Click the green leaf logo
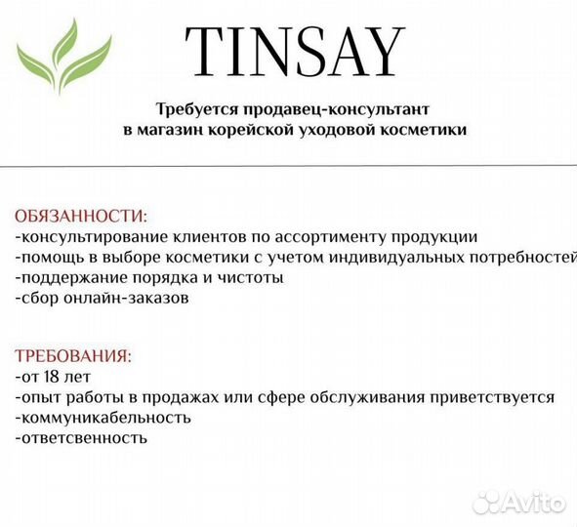coord(63,56)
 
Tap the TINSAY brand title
coord(295,52)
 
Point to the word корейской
coord(252,130)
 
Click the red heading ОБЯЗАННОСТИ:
coord(81,216)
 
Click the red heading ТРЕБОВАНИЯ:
coord(73,356)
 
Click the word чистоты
coord(250,278)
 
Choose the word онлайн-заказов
coord(126,298)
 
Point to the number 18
coord(52,377)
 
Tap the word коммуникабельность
coord(106,418)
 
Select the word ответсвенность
coord(84,438)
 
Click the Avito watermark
coord(518,503)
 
